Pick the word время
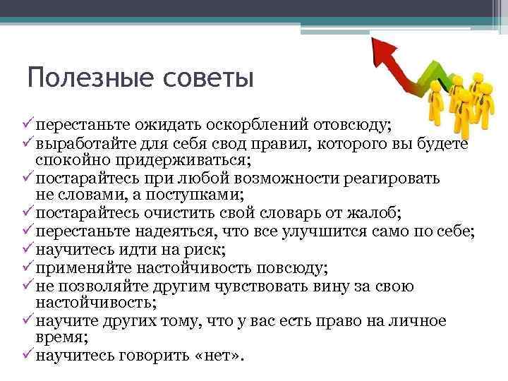tap(60, 338)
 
